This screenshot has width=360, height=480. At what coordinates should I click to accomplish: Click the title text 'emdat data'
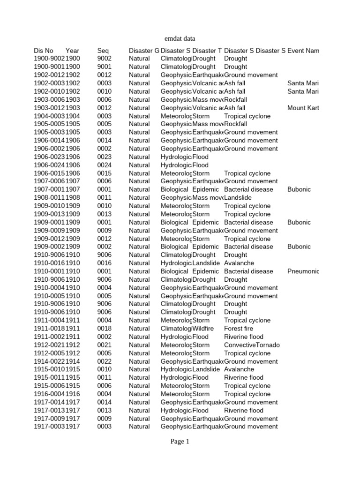pos(180,38)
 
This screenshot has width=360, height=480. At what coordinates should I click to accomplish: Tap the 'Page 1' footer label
pos(180,441)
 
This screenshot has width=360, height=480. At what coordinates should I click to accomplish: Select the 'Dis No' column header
pos(44,51)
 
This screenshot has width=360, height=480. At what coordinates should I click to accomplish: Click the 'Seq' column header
pos(103,51)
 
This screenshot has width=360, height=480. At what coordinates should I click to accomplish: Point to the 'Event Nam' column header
pos(303,51)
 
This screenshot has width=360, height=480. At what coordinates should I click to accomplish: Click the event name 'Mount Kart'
pos(303,108)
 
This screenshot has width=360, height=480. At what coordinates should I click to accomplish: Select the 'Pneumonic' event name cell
pos(303,271)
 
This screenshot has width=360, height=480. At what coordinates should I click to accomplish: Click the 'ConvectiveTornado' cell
pos(252,345)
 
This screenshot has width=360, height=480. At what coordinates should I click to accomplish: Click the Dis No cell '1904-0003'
pos(49,116)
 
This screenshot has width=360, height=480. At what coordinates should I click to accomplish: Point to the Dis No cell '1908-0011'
pos(49,198)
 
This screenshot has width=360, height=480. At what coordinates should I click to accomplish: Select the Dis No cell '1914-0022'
pos(49,361)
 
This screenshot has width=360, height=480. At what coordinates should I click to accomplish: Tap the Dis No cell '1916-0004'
pos(49,394)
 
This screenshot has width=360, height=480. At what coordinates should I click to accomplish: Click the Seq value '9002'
pos(104,59)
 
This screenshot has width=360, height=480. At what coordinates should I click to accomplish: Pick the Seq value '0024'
pos(104,165)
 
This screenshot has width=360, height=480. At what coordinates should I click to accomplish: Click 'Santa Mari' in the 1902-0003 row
pos(303,83)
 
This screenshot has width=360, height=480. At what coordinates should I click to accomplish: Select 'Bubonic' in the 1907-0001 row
pos(299,189)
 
